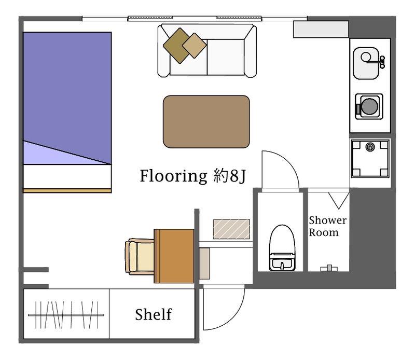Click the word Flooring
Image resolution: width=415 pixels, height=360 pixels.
pos(173,176)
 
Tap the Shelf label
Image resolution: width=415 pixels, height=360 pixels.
pos(154,314)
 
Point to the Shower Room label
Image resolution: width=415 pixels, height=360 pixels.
pos(327,226)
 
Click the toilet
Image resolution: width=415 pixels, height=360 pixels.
pos(282,248)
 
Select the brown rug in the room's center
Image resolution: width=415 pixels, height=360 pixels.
pos(206,121)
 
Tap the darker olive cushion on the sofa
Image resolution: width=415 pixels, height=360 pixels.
pos(177,46)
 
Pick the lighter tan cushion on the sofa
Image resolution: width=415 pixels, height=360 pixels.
pos(194,46)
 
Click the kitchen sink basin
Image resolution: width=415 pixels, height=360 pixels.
pos(366,63)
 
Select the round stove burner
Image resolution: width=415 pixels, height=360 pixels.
pos(370,106)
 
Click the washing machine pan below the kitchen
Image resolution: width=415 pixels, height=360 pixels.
pos(370,158)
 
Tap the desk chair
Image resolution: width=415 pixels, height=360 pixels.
pos(140,256)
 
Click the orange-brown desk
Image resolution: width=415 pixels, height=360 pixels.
pos(174,256)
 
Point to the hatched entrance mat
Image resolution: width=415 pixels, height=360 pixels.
pos(231,229)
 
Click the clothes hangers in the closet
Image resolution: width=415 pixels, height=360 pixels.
pos(66,315)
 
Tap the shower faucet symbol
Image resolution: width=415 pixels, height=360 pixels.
pos(329,268)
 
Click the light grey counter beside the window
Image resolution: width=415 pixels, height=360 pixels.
pos(321,29)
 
